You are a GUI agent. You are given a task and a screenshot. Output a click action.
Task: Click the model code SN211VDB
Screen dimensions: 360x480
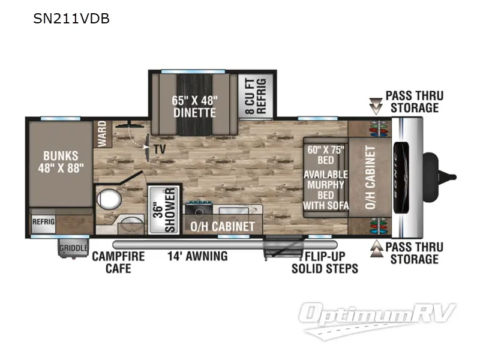click(x=71, y=19)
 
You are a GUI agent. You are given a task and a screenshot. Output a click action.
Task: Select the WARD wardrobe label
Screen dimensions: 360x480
click(x=102, y=133)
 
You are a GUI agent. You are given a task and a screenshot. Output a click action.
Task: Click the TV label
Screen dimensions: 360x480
click(x=160, y=149)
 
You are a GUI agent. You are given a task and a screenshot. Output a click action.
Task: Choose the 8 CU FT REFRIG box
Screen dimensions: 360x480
click(x=256, y=95)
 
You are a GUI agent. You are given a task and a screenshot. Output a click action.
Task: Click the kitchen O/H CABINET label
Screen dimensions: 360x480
click(x=223, y=227)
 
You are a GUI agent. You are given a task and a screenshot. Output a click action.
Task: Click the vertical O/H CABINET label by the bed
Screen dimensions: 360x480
click(x=370, y=178)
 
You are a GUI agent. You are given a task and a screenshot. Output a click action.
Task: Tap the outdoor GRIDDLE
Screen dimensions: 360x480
click(x=73, y=248)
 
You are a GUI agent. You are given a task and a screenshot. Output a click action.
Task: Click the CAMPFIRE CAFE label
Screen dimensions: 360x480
click(x=118, y=262)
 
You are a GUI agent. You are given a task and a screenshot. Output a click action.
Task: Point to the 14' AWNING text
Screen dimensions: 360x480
click(x=197, y=256)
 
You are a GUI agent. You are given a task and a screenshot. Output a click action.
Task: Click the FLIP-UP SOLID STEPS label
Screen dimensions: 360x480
click(x=325, y=262)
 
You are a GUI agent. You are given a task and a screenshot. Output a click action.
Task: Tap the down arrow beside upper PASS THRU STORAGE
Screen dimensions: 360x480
click(x=376, y=107)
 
